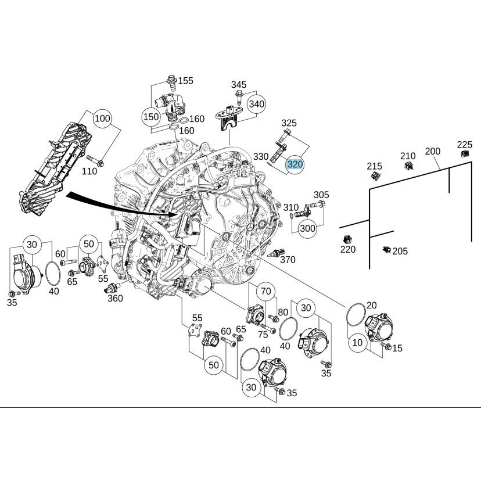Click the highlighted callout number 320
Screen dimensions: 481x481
point(295,164)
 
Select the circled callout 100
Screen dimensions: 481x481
point(102,119)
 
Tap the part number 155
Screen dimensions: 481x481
point(185,80)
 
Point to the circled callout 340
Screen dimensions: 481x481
point(256,104)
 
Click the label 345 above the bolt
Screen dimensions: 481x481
point(239,84)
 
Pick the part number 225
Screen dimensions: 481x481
point(465,145)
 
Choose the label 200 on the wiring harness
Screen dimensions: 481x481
point(433,151)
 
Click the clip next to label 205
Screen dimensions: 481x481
point(386,250)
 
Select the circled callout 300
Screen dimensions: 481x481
point(307,228)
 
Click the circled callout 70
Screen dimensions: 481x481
point(266,291)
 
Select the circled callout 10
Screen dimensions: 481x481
point(357,342)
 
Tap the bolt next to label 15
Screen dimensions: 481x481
point(386,346)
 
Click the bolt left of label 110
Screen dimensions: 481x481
point(95,161)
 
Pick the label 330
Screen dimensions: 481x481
point(261,157)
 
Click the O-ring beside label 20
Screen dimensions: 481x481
point(356,314)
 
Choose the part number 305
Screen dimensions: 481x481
point(321,195)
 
